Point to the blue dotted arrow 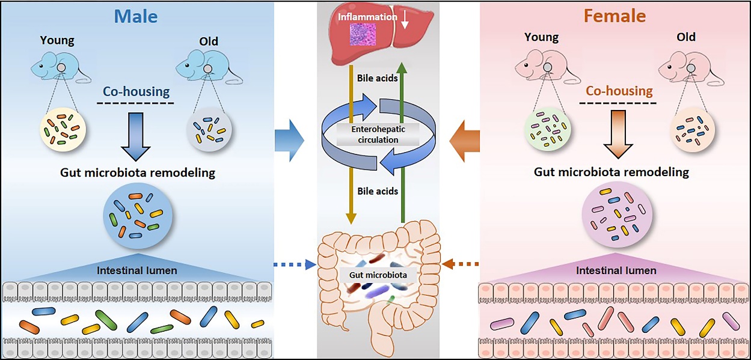coord(294,263)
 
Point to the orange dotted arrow coord(461,263)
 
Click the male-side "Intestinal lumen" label coord(137,270)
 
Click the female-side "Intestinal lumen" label coord(616,270)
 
